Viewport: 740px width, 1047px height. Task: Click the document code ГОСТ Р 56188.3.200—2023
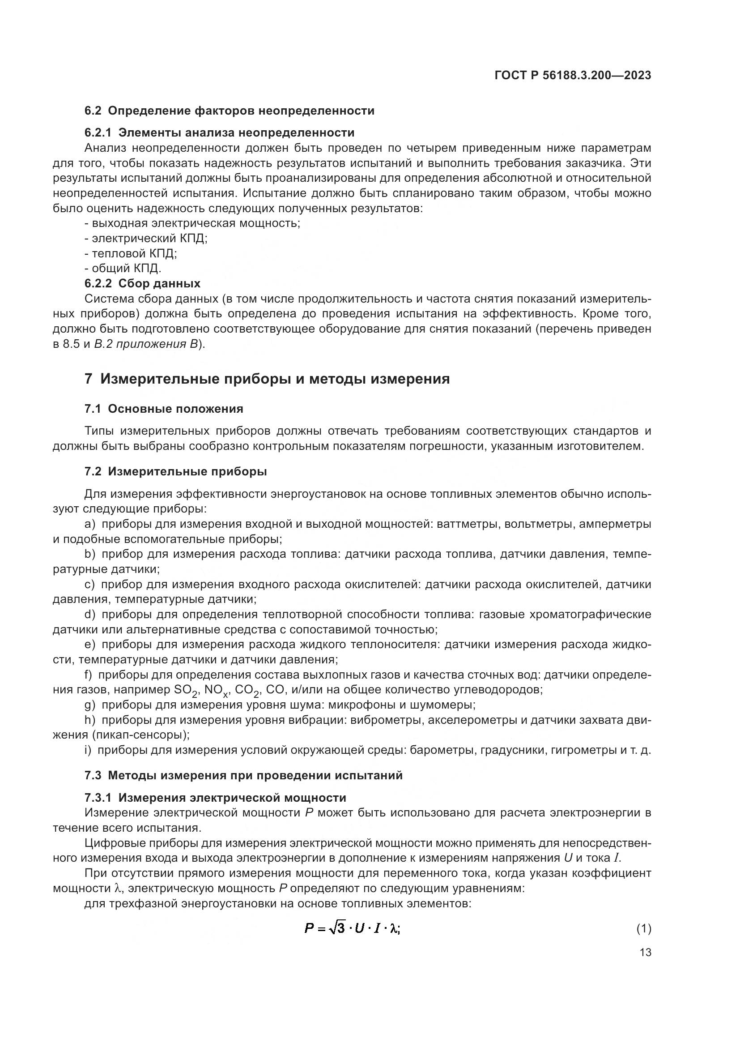pos(572,76)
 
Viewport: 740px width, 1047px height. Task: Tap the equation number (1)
pos(643,928)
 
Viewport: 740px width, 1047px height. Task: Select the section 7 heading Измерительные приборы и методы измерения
pos(267,379)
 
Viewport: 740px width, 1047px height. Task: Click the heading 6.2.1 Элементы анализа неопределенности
pos(219,132)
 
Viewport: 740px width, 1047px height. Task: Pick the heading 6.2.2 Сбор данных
pos(142,283)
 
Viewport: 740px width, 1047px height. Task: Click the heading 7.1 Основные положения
pos(164,409)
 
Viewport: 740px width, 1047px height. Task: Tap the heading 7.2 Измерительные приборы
pos(175,471)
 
